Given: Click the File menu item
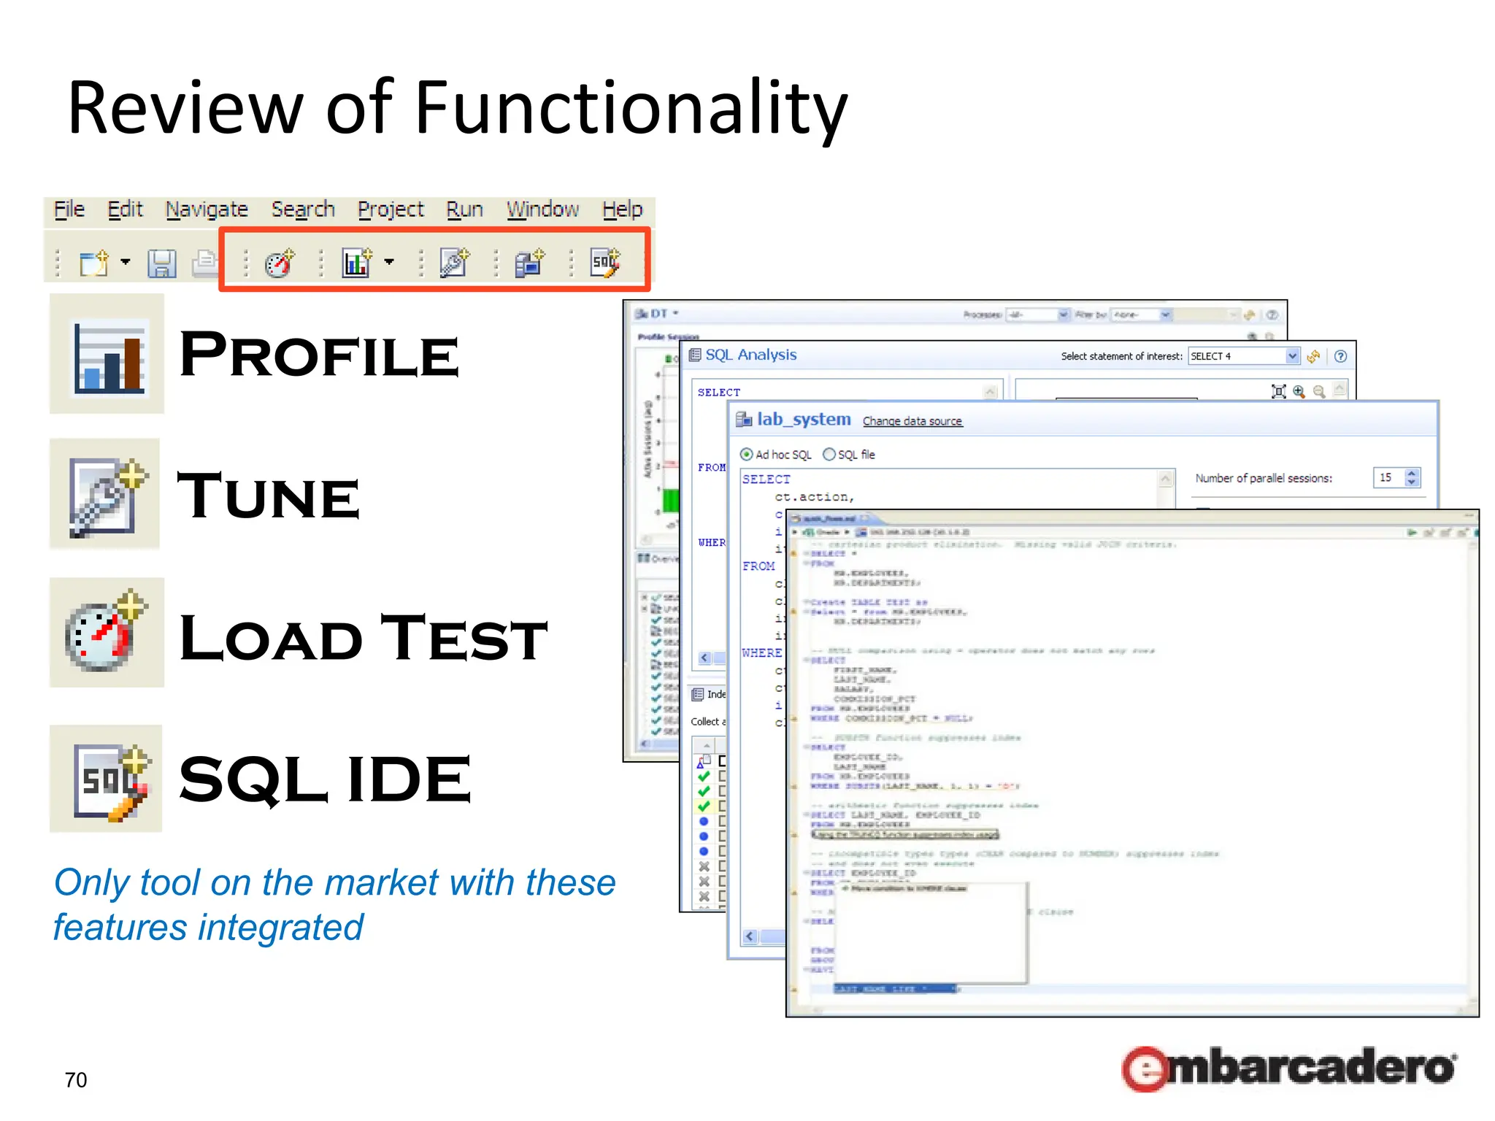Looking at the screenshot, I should click(x=69, y=209).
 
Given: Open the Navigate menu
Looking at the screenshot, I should click(x=207, y=209).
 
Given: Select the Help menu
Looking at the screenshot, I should click(x=622, y=209).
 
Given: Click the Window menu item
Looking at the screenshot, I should click(x=542, y=209).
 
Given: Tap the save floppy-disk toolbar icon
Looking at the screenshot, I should click(x=161, y=263).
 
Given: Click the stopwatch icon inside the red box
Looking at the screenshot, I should click(x=280, y=263).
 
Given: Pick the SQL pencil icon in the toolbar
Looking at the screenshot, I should click(x=605, y=262).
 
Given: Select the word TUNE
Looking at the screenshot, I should click(x=269, y=496).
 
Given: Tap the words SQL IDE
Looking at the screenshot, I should click(x=325, y=779).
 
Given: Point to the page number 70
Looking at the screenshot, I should click(x=76, y=1079).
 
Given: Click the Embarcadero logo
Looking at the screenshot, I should click(x=1289, y=1068).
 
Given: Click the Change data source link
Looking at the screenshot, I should click(x=912, y=421).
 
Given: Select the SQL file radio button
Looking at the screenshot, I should click(x=829, y=455).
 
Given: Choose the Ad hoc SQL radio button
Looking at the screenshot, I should click(x=746, y=455).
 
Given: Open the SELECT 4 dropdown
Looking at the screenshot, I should click(x=1292, y=356).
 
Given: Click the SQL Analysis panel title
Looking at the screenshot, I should click(x=750, y=355).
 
